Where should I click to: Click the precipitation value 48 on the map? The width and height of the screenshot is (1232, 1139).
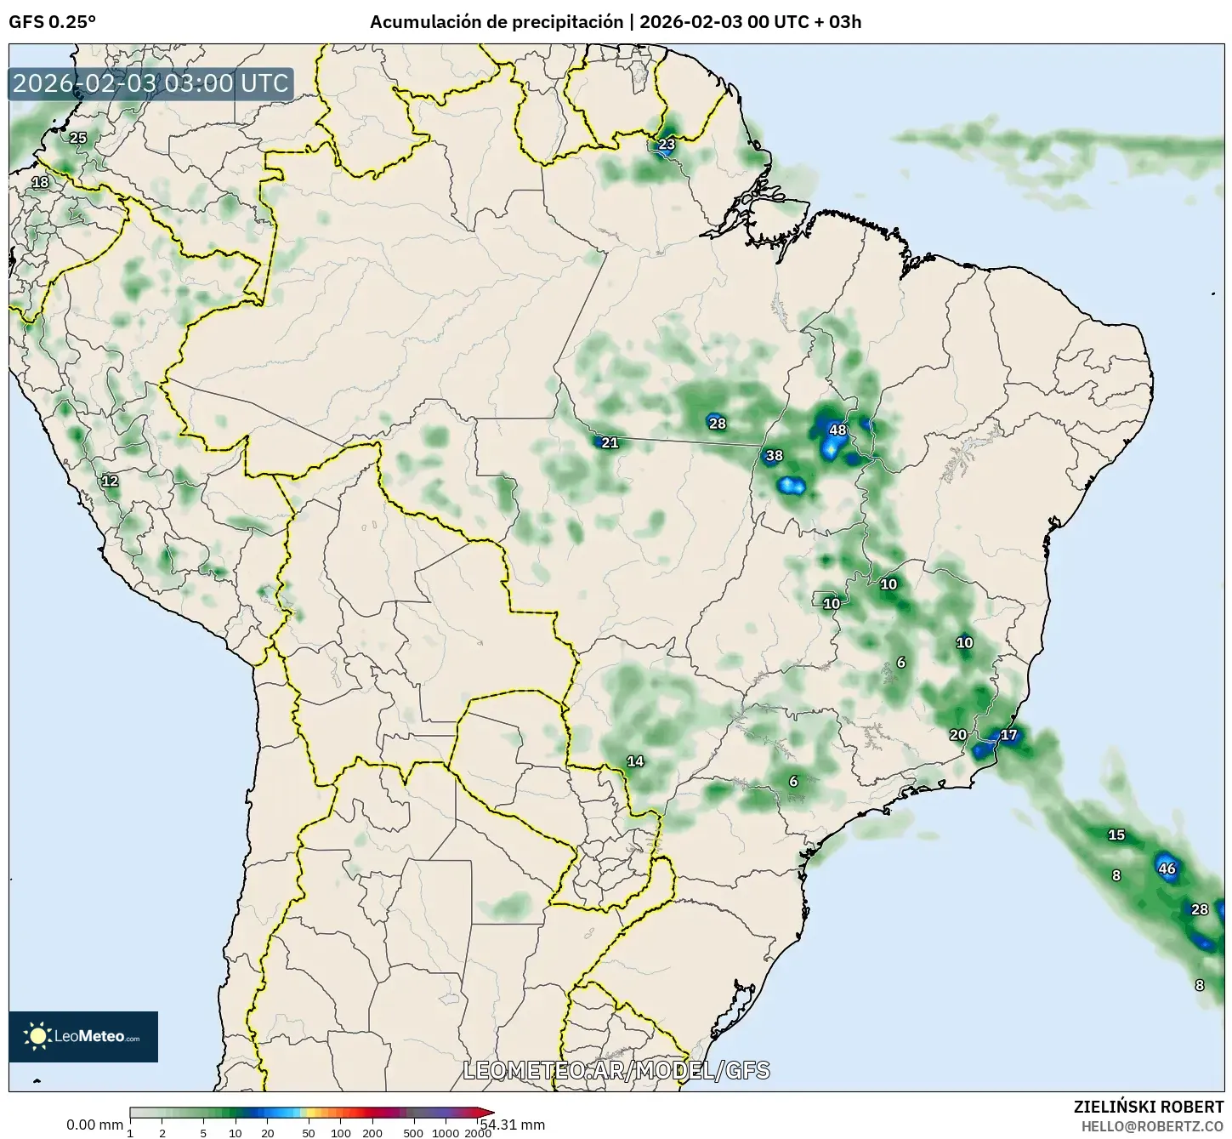click(x=837, y=430)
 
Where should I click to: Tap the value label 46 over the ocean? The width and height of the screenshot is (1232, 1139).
click(x=1167, y=868)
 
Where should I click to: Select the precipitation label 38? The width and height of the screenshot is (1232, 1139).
click(x=774, y=455)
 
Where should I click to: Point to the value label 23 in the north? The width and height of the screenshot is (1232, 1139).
click(x=667, y=144)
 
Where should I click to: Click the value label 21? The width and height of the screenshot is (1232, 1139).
click(x=610, y=442)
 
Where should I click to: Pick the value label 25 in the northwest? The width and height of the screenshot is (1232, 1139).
click(x=77, y=137)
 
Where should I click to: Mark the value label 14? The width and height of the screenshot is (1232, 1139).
click(x=635, y=761)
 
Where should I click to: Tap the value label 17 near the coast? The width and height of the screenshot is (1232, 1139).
click(x=1008, y=735)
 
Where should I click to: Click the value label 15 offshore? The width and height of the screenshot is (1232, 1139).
click(x=1116, y=834)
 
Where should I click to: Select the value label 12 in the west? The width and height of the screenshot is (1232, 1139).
click(x=110, y=481)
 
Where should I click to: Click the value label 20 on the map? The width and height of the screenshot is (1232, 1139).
click(x=958, y=735)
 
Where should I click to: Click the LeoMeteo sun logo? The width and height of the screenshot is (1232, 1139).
click(x=37, y=1035)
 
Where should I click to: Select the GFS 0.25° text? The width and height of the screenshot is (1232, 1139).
click(x=52, y=22)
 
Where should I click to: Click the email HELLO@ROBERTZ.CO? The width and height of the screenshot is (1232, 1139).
click(x=1152, y=1125)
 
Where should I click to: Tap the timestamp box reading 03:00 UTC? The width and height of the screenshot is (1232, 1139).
click(x=151, y=83)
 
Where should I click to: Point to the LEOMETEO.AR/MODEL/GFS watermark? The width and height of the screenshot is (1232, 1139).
click(x=616, y=1070)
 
